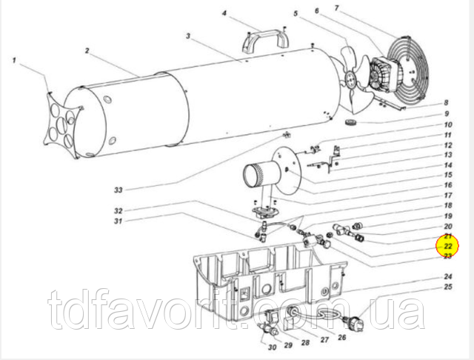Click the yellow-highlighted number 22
(x=447, y=246)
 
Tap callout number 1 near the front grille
(x=14, y=61)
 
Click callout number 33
(x=118, y=190)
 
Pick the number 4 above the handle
(x=224, y=13)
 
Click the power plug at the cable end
(x=356, y=322)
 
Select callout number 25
(x=447, y=286)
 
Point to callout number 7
(x=337, y=8)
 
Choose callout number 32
(x=118, y=210)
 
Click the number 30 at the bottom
(x=272, y=347)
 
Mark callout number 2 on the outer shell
(x=87, y=50)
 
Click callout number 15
(x=448, y=175)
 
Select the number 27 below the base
(x=324, y=340)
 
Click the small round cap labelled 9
(x=351, y=123)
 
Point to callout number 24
(x=447, y=276)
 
